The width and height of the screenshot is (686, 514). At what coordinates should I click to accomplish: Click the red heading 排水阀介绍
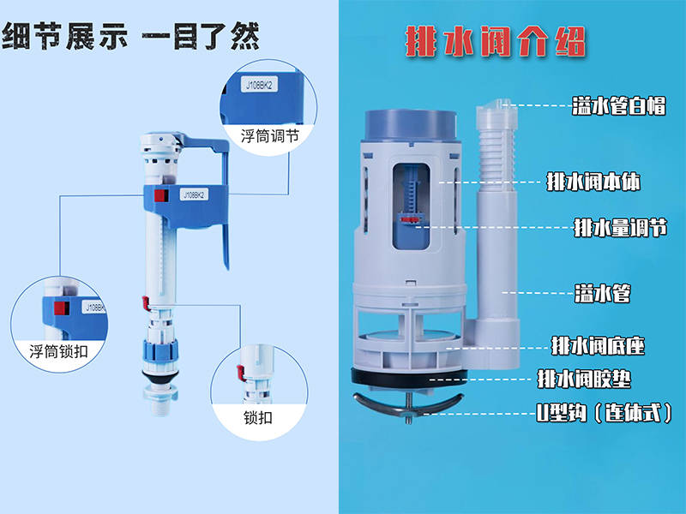pyautogui.click(x=496, y=42)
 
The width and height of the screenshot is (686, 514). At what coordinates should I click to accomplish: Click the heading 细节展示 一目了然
pyautogui.click(x=131, y=35)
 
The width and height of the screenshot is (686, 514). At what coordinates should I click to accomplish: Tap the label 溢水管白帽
pyautogui.click(x=618, y=105)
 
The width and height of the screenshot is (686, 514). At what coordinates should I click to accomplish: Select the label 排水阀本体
pyautogui.click(x=593, y=182)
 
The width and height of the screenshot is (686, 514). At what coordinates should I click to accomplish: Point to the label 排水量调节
pyautogui.click(x=620, y=228)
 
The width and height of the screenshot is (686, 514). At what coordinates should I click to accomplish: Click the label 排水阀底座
pyautogui.click(x=598, y=346)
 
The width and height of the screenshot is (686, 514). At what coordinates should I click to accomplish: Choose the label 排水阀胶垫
pyautogui.click(x=584, y=379)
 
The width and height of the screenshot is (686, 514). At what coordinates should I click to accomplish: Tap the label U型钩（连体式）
pyautogui.click(x=605, y=412)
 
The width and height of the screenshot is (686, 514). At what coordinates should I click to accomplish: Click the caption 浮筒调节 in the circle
pyautogui.click(x=269, y=136)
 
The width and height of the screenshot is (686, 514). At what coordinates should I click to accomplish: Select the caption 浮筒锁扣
pyautogui.click(x=58, y=351)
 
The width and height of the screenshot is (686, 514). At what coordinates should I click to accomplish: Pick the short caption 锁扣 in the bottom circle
pyautogui.click(x=258, y=418)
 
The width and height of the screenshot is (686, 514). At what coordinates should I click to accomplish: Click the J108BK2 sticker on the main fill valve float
pyautogui.click(x=194, y=194)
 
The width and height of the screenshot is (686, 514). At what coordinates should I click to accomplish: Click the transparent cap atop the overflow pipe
pyautogui.click(x=496, y=113)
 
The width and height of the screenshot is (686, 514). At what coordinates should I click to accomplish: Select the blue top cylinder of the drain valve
pyautogui.click(x=411, y=125)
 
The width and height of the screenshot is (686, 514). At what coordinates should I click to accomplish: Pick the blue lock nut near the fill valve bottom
pyautogui.click(x=160, y=350)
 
